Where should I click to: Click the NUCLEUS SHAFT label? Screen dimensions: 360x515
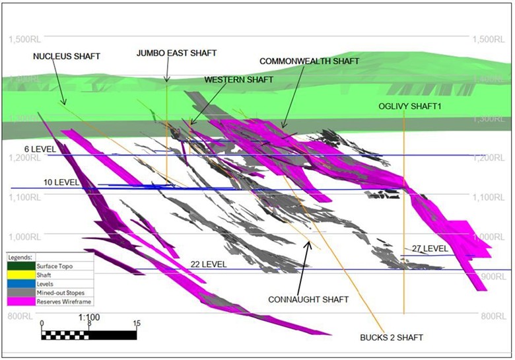click(x=67, y=56)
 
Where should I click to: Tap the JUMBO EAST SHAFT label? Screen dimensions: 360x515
click(x=176, y=52)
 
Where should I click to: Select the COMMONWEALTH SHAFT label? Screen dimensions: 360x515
click(x=309, y=61)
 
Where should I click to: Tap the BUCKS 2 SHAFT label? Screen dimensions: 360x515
click(x=392, y=338)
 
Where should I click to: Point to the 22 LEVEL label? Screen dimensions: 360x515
click(x=209, y=264)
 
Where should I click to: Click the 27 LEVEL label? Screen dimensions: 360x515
click(x=430, y=248)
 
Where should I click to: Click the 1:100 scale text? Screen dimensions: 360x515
click(x=88, y=317)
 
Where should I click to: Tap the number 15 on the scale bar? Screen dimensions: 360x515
click(x=137, y=324)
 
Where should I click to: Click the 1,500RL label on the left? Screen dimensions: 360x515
click(x=25, y=40)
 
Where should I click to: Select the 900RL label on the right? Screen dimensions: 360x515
click(x=492, y=277)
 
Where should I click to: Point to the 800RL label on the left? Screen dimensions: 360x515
click(x=20, y=316)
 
